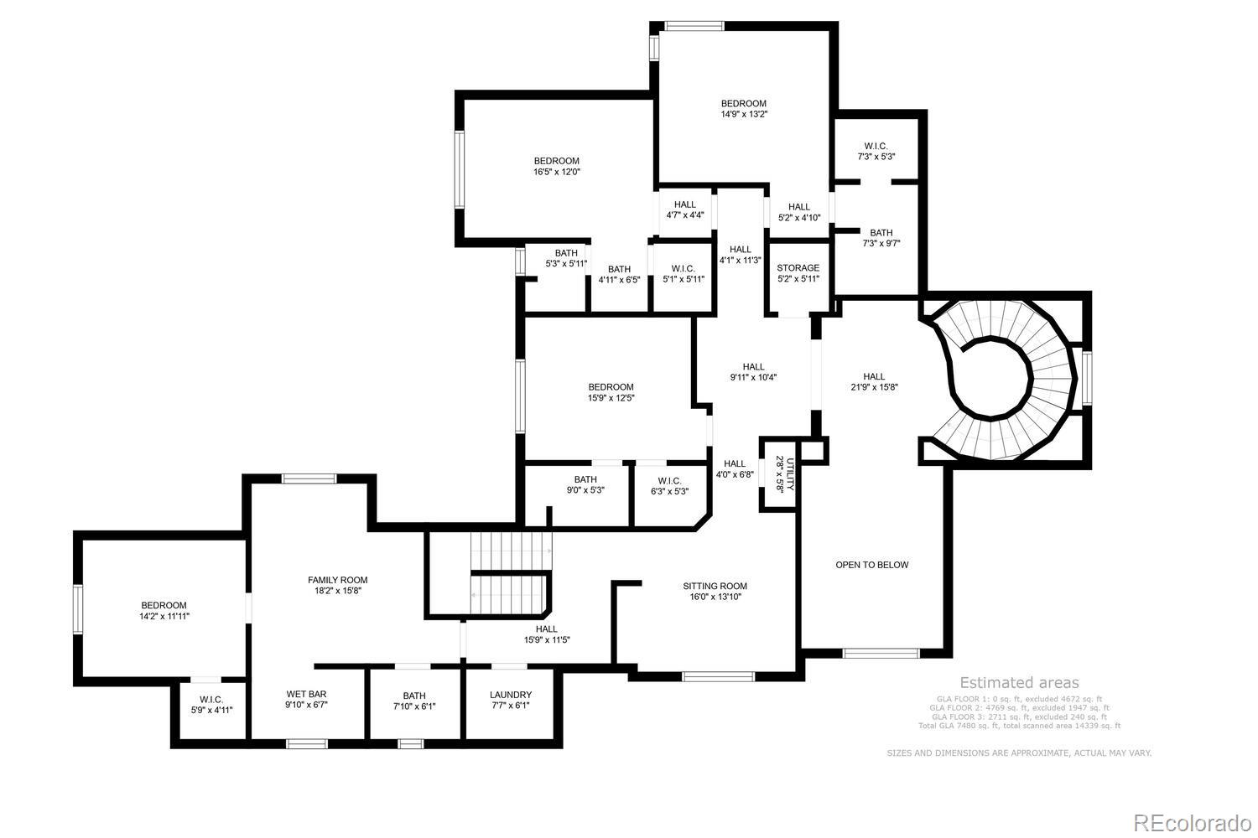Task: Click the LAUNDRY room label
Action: coord(511,695)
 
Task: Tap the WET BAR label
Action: coord(306,694)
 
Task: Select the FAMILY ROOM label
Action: coord(337,580)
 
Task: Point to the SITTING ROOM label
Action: coord(715,586)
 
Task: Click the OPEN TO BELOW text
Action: coord(871,565)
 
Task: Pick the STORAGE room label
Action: coord(798,268)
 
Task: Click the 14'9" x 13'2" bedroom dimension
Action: coord(744,114)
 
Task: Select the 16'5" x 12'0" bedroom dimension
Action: coord(557,172)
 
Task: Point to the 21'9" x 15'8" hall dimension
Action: coord(874,387)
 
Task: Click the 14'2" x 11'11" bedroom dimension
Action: coord(164,616)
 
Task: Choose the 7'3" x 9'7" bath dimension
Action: coord(881,244)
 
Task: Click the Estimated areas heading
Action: coord(1019,683)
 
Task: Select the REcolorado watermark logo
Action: coord(1191,823)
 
